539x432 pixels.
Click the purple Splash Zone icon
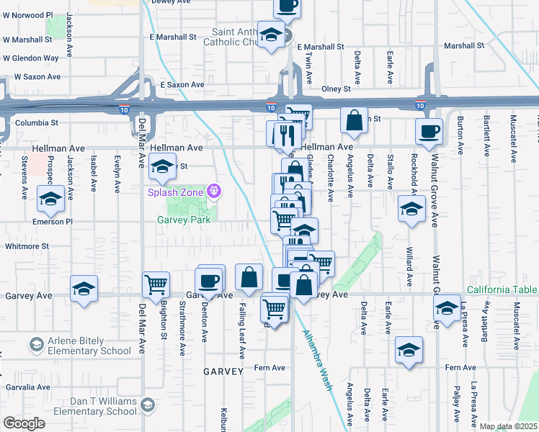click(x=213, y=191)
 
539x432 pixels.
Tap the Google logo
click(x=24, y=423)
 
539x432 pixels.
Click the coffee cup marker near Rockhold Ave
click(x=429, y=131)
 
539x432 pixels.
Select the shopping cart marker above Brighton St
click(x=156, y=285)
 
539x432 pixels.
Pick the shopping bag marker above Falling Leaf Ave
click(x=249, y=278)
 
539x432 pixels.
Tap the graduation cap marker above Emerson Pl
click(x=50, y=201)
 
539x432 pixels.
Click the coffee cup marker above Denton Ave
click(x=209, y=280)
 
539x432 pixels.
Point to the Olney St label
click(x=336, y=89)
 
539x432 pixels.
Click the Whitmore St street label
click(x=24, y=246)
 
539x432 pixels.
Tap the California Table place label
click(x=502, y=290)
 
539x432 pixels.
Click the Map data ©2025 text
click(x=508, y=426)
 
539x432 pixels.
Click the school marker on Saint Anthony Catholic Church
click(x=271, y=35)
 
